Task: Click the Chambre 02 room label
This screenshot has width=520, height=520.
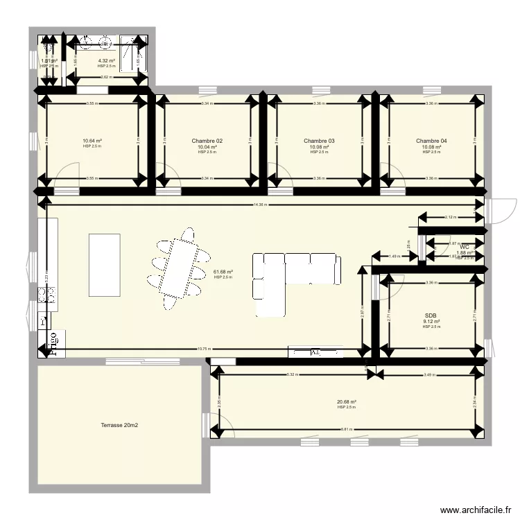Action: pos(207,141)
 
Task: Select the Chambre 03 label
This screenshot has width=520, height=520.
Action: pos(319,141)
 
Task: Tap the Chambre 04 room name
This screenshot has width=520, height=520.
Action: pos(431,141)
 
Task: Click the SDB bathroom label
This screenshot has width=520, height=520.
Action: pos(431,315)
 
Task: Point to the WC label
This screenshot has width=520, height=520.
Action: pos(465,247)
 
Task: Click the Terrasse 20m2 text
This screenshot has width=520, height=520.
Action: pos(119,424)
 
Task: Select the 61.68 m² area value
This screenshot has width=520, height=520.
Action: pos(223,272)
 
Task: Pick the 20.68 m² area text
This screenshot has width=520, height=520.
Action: pos(347,402)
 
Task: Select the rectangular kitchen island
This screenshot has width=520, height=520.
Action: pos(104,257)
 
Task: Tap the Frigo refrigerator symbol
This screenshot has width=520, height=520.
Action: pos(52,345)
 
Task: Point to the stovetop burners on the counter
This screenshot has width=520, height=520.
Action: pos(46,296)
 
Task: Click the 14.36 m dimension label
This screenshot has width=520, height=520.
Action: pos(260,205)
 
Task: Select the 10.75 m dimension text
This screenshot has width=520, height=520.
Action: pos(203,349)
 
